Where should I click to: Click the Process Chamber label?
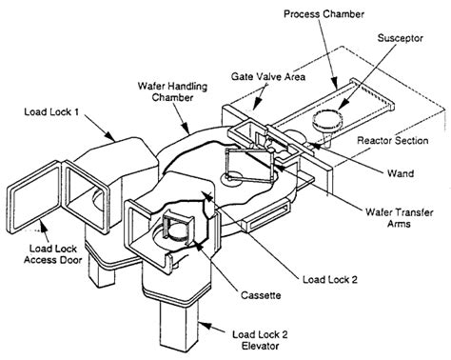[324, 14]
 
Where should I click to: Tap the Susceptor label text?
[401, 38]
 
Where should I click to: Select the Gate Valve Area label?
[268, 76]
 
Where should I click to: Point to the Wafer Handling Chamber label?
[172, 91]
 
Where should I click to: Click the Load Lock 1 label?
[51, 111]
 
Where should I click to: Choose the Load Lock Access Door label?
[53, 254]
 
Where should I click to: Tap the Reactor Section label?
[393, 140]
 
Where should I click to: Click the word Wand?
[401, 173]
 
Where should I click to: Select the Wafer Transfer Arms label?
[400, 218]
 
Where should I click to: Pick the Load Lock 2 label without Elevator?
[330, 279]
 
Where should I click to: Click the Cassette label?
[261, 295]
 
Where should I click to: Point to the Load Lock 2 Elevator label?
[260, 340]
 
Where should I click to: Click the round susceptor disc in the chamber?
[327, 121]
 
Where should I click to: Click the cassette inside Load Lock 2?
[177, 228]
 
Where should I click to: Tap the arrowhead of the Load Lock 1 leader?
[109, 136]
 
